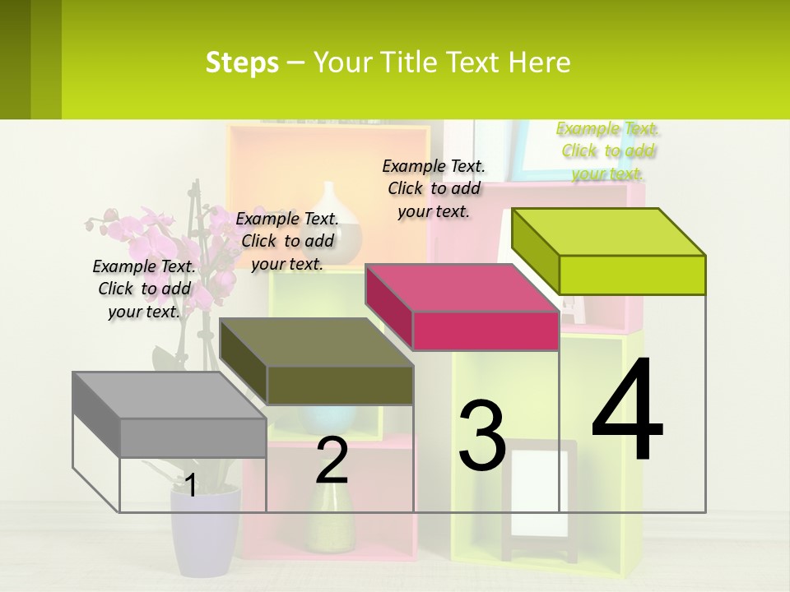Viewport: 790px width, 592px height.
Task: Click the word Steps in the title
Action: pos(242,62)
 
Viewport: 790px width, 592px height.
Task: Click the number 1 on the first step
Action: pos(191,485)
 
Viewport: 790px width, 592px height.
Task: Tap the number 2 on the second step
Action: pos(332,460)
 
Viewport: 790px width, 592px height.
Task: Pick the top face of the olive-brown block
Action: pos(316,342)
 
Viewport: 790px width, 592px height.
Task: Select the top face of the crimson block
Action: pos(461,288)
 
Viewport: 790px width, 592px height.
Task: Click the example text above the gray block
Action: pos(144,289)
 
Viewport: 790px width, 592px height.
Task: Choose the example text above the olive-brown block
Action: pos(287,241)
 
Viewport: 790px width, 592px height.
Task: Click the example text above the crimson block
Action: pos(434,188)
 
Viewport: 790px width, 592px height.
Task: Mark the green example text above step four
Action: pos(607,150)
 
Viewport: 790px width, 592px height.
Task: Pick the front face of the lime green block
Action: pos(632,275)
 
